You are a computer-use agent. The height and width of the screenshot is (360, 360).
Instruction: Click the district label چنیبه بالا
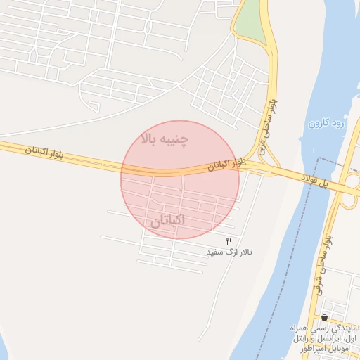165,138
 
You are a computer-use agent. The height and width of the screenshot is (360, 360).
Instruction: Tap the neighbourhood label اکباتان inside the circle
168,221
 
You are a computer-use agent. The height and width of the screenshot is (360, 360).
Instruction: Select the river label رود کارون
327,124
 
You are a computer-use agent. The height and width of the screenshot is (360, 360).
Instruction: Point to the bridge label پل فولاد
316,181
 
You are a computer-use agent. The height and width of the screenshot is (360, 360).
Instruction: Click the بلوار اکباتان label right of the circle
227,165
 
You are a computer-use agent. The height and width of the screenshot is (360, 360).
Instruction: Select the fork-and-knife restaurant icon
229,242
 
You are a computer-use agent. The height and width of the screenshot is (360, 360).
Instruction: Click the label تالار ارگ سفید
229,252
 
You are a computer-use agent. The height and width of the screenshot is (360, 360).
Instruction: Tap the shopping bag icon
324,318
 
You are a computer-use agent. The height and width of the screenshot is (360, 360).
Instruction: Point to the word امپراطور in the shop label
300,349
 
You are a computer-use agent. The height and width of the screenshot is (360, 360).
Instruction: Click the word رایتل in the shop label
298,339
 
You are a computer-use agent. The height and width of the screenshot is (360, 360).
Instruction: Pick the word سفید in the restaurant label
215,252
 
